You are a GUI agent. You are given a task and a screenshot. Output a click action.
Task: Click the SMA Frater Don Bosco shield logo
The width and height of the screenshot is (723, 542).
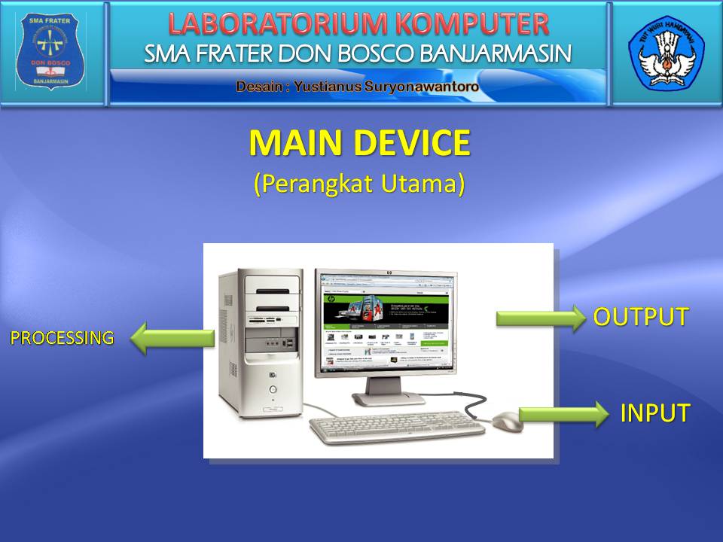52,52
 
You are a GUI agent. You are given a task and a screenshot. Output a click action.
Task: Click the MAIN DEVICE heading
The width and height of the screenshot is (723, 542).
359,144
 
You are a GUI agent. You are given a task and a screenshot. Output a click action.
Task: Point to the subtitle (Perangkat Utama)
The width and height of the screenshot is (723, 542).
359,184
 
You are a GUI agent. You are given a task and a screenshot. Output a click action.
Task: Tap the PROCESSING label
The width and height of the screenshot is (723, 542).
62,338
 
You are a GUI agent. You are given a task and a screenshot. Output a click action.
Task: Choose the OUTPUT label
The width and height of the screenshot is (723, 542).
641,317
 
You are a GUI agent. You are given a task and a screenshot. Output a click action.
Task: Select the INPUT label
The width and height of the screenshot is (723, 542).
654,413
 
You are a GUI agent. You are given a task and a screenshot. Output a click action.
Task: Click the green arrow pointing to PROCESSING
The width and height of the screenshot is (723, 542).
172,339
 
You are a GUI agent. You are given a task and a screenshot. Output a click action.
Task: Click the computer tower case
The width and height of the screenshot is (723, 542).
259,343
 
